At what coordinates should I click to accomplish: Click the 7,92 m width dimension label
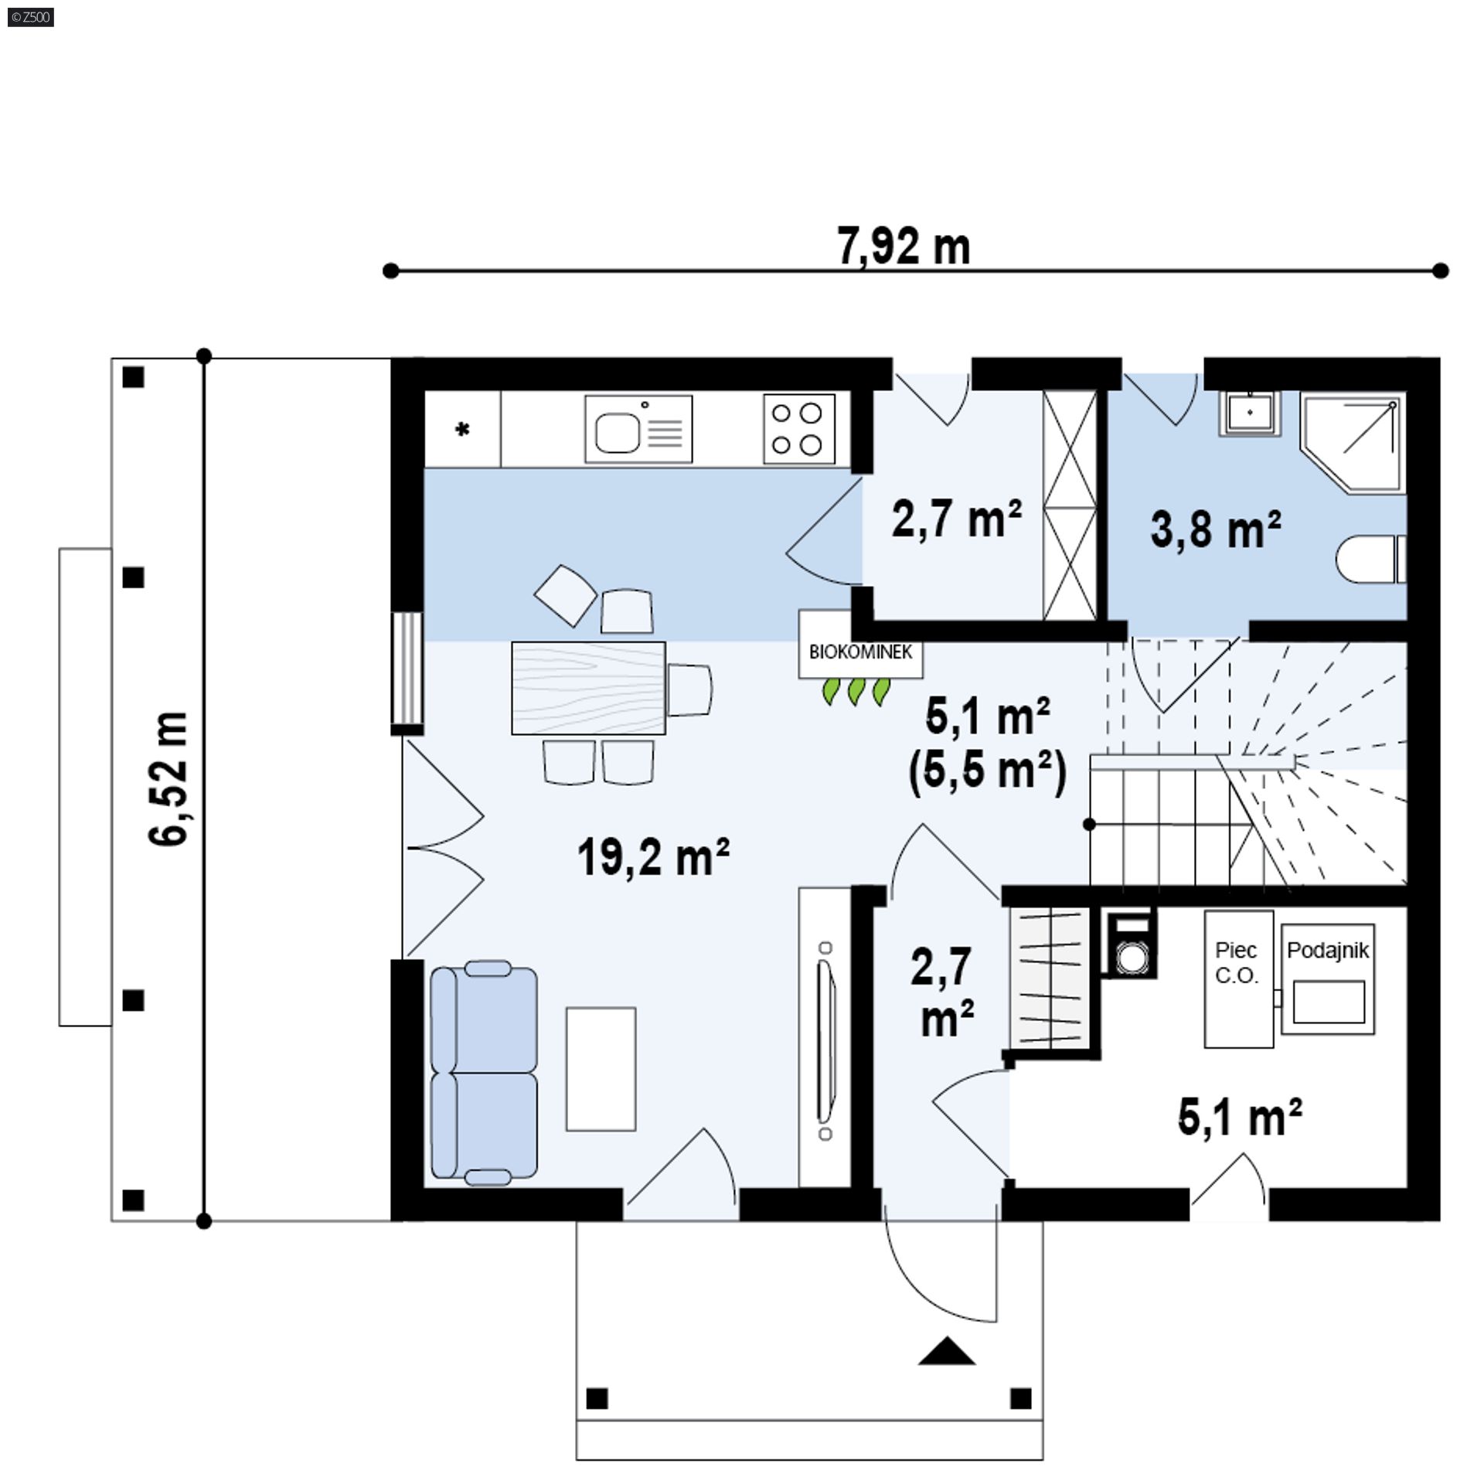click(x=904, y=247)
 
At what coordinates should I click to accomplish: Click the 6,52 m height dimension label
click(x=168, y=779)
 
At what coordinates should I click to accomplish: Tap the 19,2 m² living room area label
click(x=654, y=857)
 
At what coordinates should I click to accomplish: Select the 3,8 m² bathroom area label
click(x=1216, y=529)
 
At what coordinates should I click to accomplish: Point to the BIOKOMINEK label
click(x=861, y=652)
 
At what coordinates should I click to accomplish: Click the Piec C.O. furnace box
click(x=1238, y=979)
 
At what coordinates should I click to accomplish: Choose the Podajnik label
click(x=1328, y=950)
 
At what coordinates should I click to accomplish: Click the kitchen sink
click(x=638, y=430)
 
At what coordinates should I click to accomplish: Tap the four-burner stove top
click(x=799, y=429)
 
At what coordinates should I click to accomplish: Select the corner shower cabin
click(x=1353, y=442)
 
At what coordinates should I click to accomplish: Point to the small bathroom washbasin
click(x=1249, y=414)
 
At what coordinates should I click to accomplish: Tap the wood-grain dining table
click(x=588, y=687)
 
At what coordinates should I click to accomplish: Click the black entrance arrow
click(x=946, y=1350)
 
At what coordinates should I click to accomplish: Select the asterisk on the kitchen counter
click(x=462, y=430)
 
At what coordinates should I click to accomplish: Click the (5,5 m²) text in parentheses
click(x=988, y=771)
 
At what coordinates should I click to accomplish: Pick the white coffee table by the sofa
click(x=601, y=1069)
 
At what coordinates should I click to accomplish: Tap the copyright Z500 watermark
click(x=31, y=17)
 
